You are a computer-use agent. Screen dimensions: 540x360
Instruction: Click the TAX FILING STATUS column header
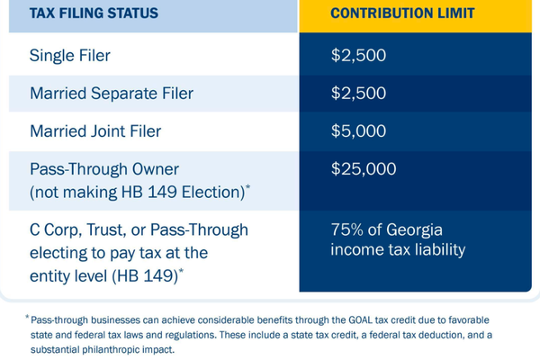point(94,13)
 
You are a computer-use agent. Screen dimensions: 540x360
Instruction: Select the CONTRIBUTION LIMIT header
point(402,13)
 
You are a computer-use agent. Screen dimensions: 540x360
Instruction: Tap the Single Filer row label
point(70,56)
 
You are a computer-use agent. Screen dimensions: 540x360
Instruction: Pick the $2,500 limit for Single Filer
point(358,55)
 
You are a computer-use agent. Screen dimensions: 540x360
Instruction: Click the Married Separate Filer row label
point(112,94)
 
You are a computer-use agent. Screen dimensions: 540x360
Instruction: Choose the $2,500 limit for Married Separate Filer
point(358,93)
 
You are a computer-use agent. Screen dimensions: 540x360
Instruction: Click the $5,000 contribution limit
point(358,130)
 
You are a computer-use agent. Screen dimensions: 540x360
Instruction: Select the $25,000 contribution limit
point(364,169)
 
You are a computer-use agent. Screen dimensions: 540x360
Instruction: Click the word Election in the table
point(211,193)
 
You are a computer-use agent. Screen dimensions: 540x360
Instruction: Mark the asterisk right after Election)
point(248,187)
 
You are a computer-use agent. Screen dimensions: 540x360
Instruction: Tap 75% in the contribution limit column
point(347,229)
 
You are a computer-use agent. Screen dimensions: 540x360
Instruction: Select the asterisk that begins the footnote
point(27,317)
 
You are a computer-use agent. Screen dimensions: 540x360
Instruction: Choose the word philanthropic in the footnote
point(110,350)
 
